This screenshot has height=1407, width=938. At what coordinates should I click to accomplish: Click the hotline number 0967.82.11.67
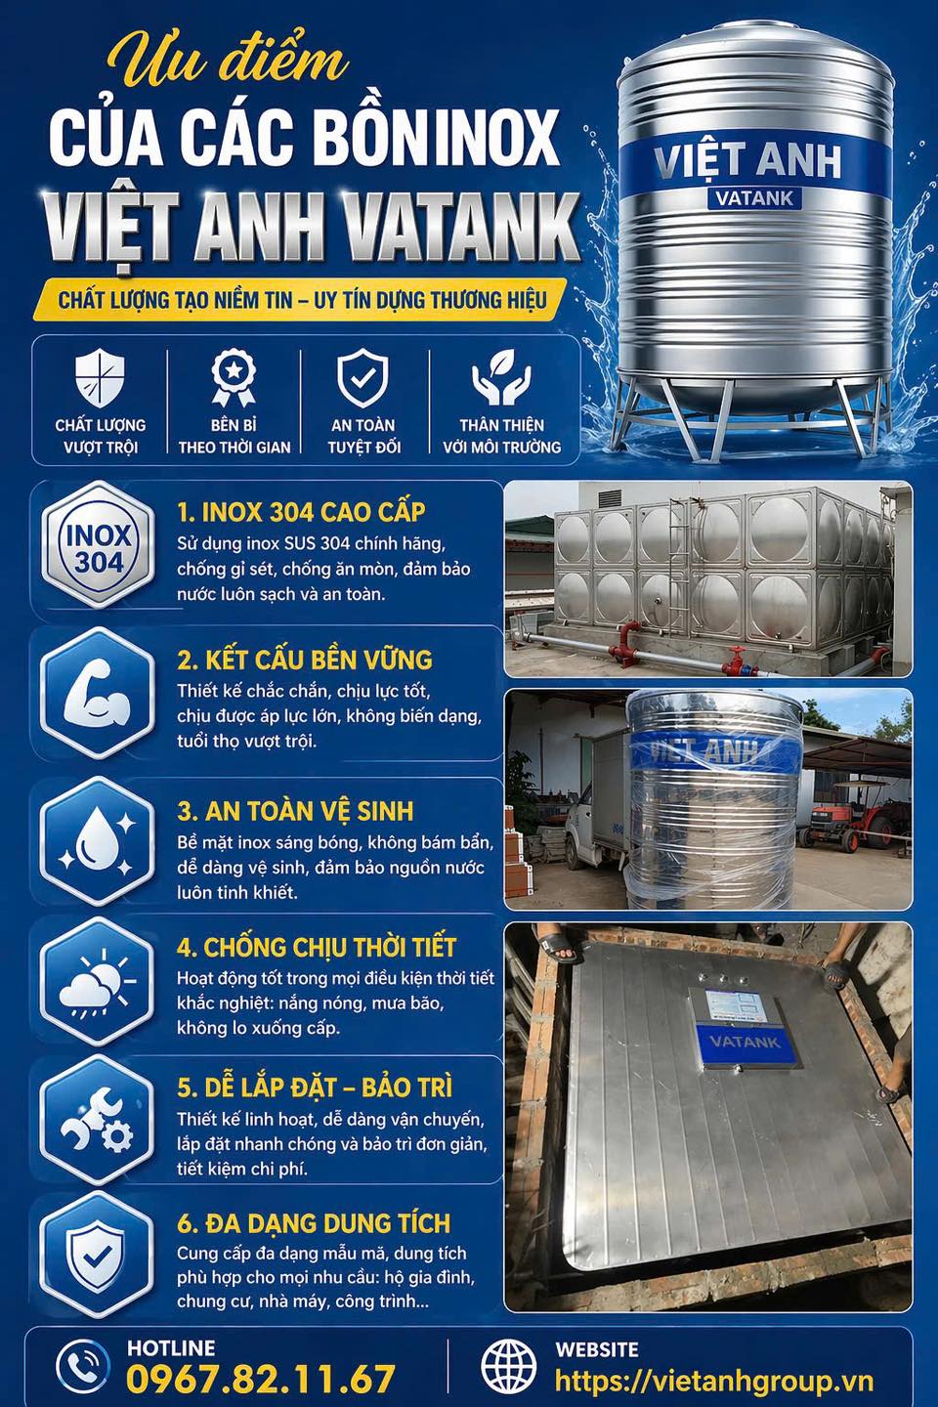261,1379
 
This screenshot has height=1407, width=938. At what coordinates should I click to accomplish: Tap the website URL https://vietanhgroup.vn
713,1381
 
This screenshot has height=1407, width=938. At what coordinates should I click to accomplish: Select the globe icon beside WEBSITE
509,1366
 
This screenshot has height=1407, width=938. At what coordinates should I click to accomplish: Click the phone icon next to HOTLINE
83,1366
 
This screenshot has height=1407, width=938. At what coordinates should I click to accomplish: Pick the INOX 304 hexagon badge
98,547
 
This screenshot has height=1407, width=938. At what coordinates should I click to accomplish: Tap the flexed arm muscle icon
98,694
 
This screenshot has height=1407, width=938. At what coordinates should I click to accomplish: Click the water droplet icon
98,840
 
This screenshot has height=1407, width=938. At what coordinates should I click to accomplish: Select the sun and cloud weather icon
98,982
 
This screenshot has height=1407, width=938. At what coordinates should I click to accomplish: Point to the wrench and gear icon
98,1121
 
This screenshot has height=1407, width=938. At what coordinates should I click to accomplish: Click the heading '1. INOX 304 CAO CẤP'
301,512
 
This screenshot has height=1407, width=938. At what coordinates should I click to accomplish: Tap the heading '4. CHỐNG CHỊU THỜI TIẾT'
317,947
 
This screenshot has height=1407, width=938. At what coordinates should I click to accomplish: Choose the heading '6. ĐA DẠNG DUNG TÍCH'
314,1223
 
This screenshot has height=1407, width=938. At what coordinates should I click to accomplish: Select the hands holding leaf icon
501,377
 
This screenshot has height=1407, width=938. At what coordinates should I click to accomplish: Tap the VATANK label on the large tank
754,198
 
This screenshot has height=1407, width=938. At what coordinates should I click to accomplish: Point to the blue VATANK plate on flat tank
745,1042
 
